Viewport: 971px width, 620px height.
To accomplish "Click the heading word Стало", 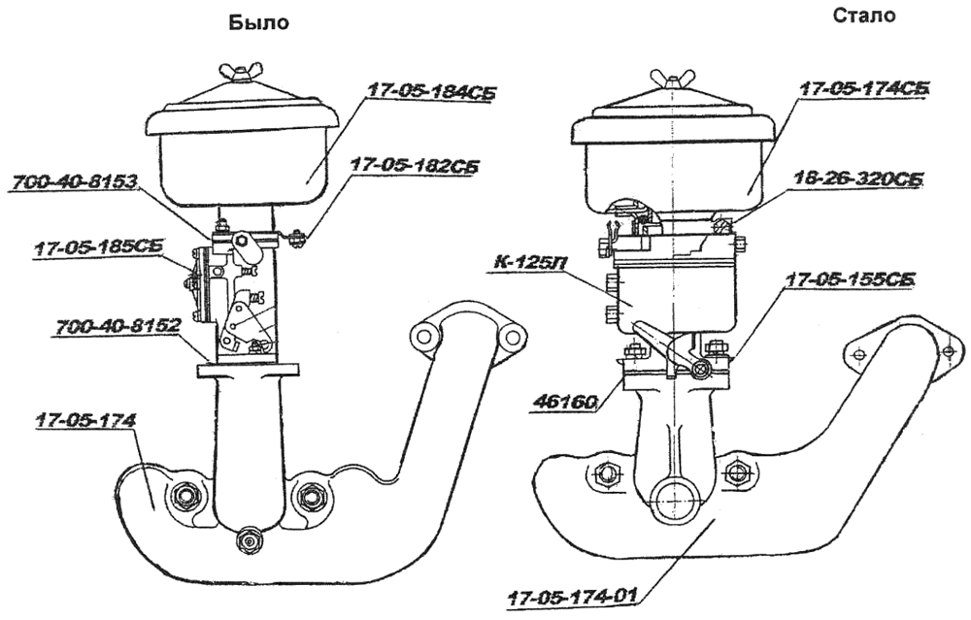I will click(864, 16).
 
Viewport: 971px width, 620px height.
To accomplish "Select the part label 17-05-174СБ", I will click(860, 88).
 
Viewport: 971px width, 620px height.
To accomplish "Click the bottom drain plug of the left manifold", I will click(250, 538).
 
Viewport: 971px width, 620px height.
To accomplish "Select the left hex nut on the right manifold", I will click(606, 474).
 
